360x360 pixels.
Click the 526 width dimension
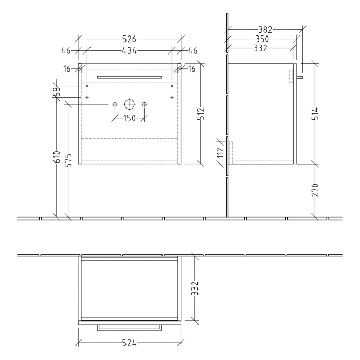point(129,38)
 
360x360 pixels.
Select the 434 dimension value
point(129,51)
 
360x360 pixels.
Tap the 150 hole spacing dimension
point(129,119)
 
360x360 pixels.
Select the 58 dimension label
point(58,91)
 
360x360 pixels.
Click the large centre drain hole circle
point(129,104)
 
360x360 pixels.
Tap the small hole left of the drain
point(114,104)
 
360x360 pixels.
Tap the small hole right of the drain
point(144,104)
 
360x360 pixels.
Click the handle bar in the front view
point(129,76)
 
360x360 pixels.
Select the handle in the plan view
point(129,327)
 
